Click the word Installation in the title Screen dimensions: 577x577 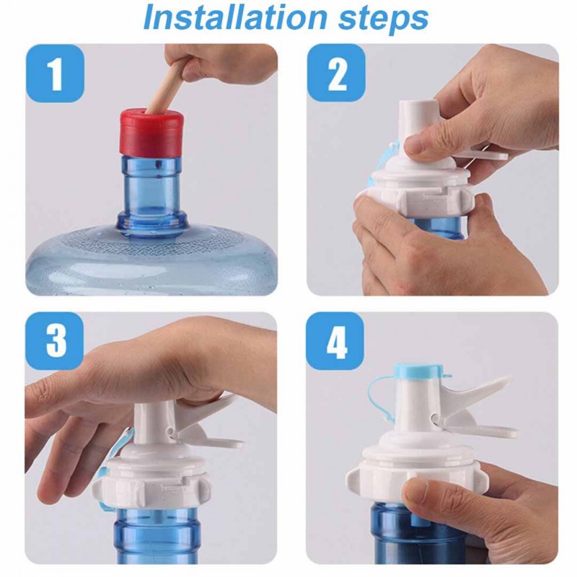coord(235,17)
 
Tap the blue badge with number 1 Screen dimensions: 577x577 coord(56,74)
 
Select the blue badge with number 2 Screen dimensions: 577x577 coord(336,74)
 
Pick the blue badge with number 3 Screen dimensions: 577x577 coord(55,340)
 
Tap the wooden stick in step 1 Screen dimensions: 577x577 coord(167,87)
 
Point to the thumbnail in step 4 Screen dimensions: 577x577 coord(416,493)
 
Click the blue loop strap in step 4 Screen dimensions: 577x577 coord(379,401)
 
